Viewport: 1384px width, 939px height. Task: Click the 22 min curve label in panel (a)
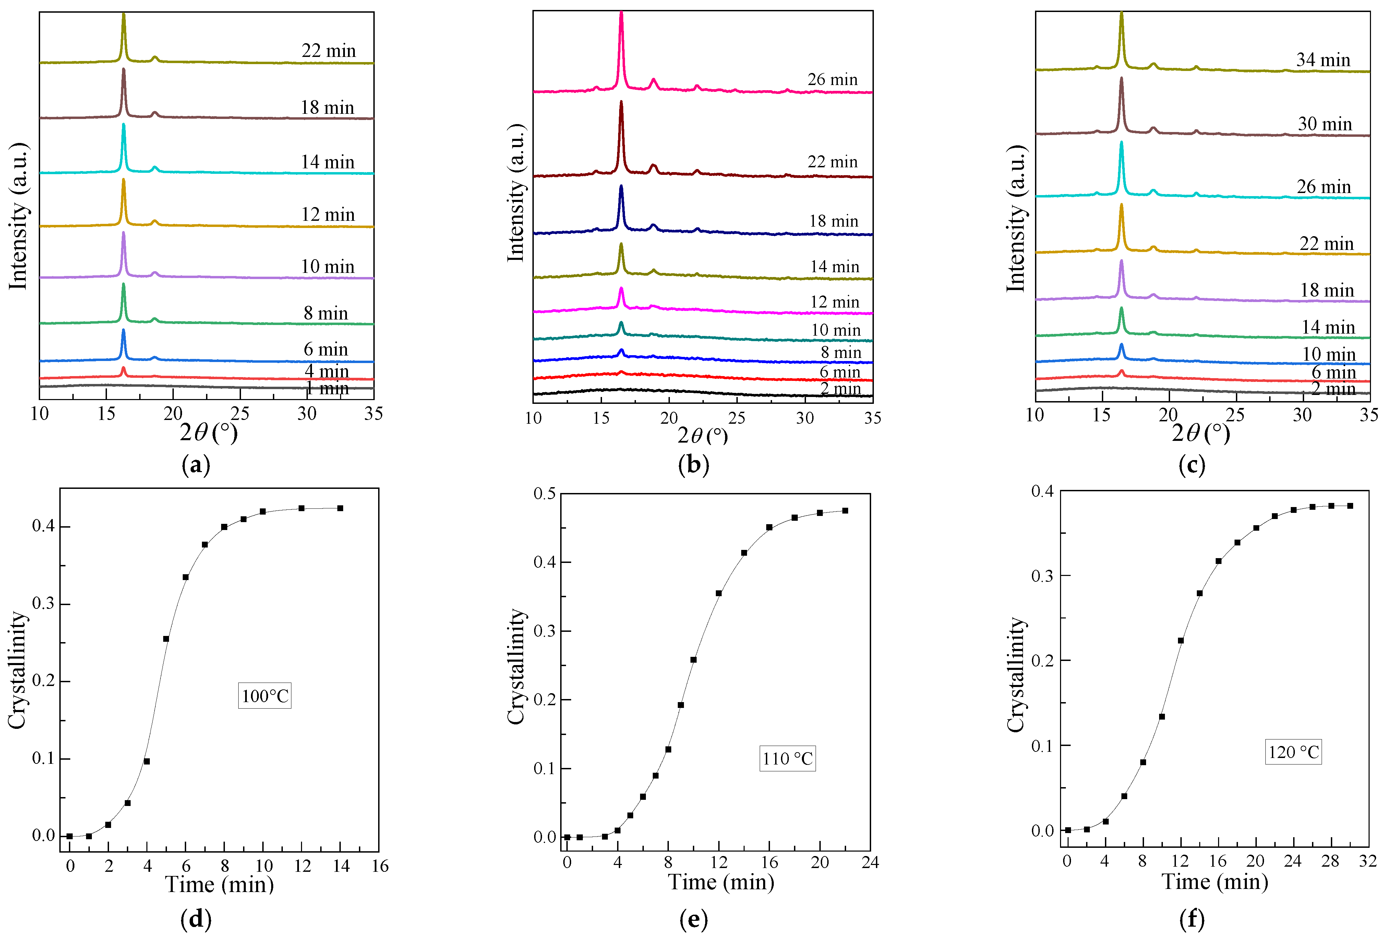point(329,51)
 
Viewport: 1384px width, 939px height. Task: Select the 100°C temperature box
point(265,696)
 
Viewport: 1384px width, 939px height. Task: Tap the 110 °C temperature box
point(787,759)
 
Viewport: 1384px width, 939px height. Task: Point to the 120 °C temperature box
point(1293,752)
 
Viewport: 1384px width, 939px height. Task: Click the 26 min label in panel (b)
point(832,80)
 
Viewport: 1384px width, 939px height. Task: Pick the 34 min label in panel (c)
point(1323,60)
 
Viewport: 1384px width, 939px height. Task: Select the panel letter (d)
point(196,919)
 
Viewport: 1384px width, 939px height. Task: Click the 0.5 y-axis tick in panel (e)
point(544,494)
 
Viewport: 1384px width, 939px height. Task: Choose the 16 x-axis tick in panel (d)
point(380,866)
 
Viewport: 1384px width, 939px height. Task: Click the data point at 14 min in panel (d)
point(340,508)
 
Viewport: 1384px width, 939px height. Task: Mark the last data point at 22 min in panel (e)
point(845,510)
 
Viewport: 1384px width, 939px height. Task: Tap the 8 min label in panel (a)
point(326,313)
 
